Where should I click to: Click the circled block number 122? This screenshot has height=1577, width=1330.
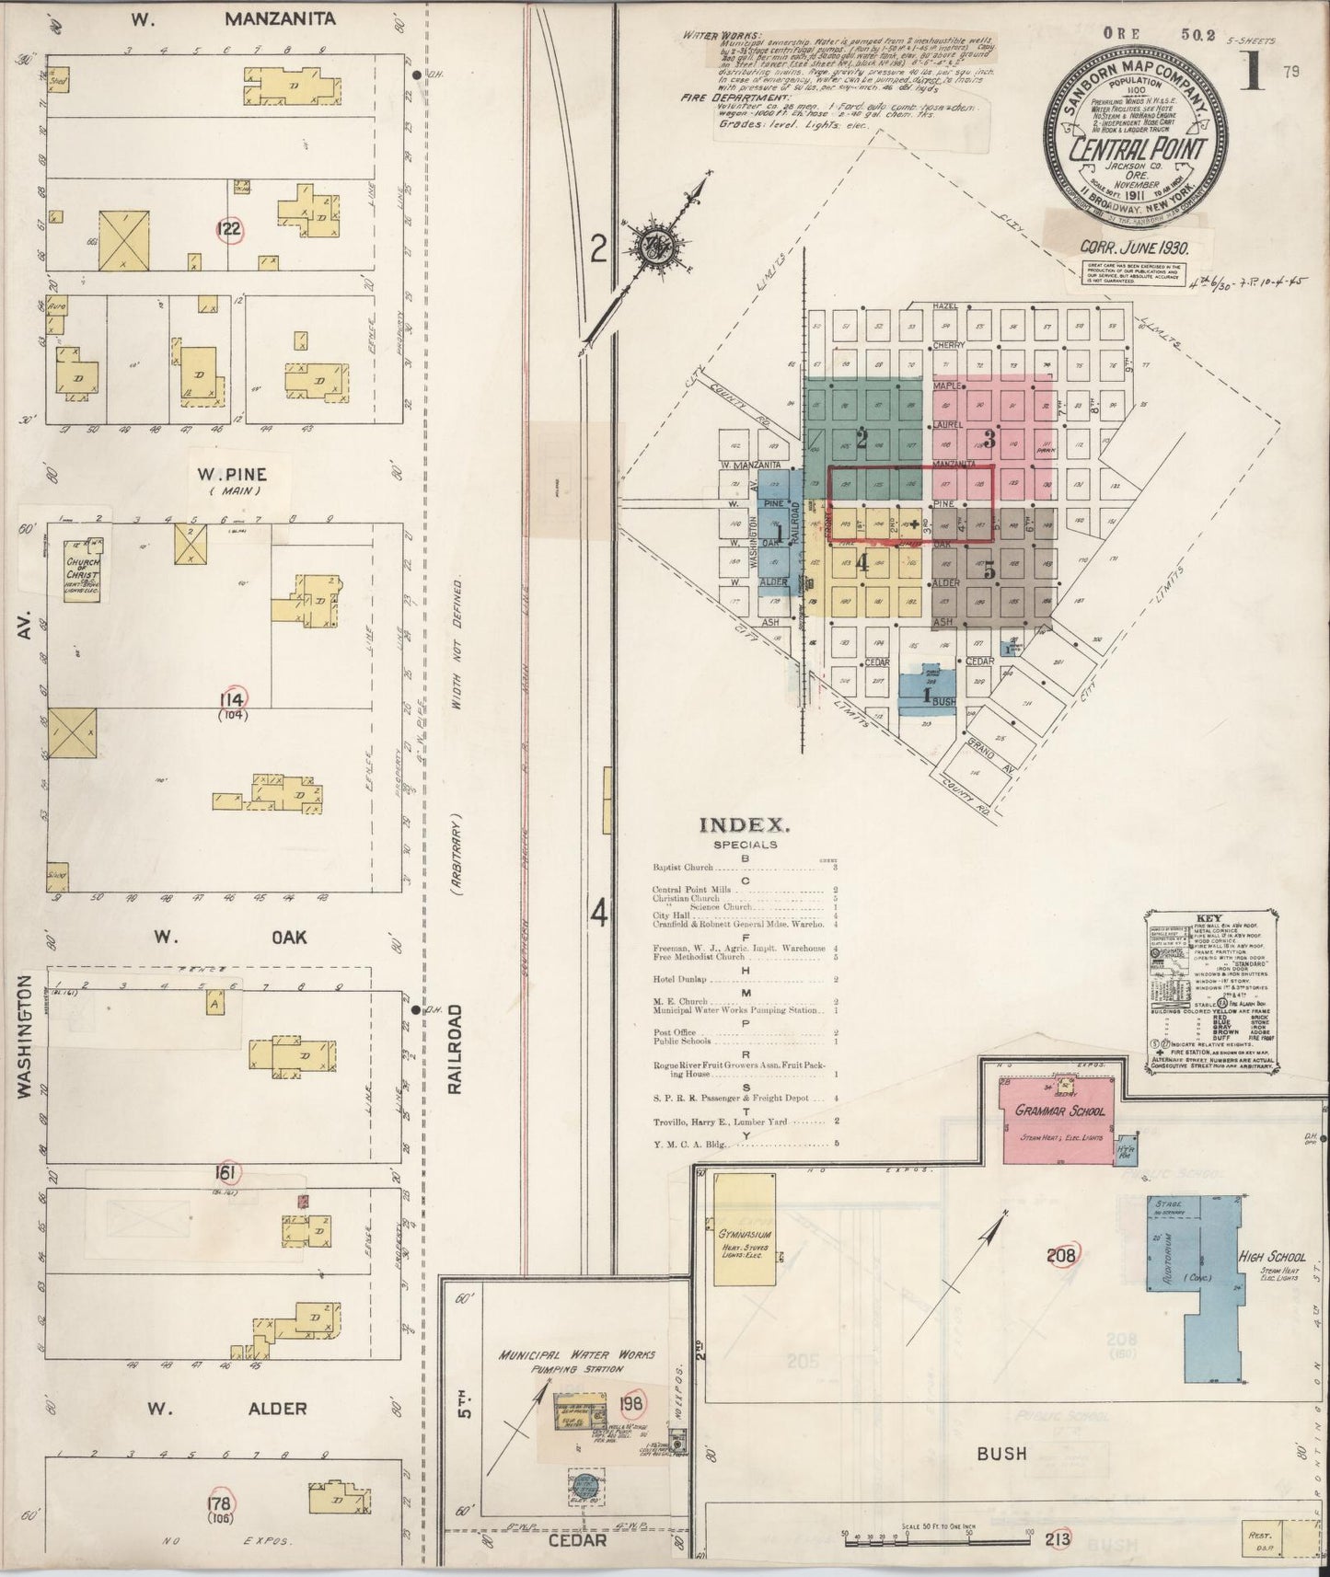[229, 229]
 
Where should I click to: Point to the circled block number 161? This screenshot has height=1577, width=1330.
[226, 1173]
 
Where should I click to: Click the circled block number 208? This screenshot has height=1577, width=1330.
[1061, 1254]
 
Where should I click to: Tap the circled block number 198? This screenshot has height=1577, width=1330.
[632, 1403]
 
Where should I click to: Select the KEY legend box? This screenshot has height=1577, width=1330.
[1210, 992]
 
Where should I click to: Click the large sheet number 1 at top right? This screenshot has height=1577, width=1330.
[1249, 72]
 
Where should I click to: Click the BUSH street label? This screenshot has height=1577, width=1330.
[1001, 1454]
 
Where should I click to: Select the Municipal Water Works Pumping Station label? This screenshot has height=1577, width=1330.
[577, 1361]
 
